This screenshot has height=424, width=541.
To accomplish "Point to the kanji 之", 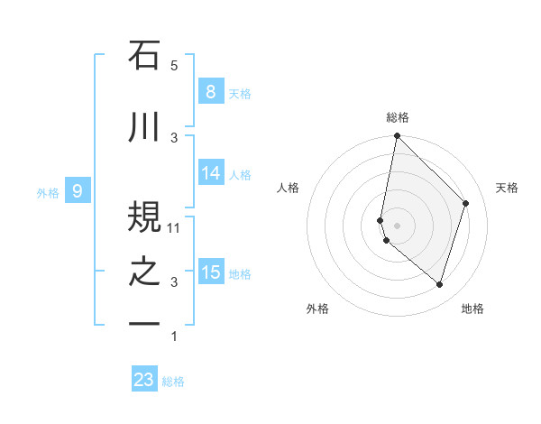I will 144,273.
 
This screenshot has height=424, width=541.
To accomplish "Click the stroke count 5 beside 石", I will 174,66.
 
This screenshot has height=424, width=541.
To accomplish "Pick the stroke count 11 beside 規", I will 174,228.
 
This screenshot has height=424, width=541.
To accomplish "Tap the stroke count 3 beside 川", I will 174,137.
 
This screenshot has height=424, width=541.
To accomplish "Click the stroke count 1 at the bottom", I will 174,336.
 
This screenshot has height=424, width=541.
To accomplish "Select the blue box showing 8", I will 210,91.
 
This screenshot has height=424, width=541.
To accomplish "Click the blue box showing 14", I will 210,173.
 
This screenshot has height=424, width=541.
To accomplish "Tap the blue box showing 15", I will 210,272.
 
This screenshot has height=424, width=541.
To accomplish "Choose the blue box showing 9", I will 78,190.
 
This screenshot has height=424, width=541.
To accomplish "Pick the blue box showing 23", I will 143,380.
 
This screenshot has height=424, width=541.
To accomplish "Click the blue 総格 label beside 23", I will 174,382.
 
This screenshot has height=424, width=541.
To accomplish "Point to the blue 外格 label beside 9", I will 48,192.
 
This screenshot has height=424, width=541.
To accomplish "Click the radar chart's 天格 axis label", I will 507,188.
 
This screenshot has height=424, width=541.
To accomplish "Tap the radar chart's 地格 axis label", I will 472,309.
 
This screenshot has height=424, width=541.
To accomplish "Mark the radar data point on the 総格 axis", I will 397,136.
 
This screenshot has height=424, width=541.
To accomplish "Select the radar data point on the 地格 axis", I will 439,284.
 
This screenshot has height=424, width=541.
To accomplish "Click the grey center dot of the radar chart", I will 397,225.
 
